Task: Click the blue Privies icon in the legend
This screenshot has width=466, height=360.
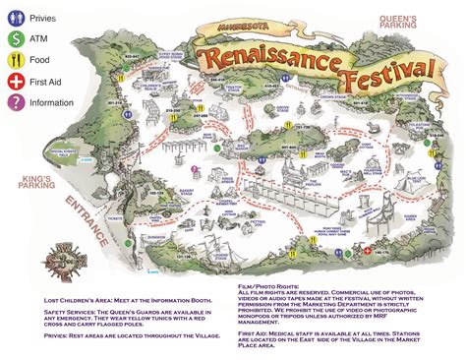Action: coord(15,18)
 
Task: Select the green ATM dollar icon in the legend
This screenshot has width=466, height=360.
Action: coord(15,41)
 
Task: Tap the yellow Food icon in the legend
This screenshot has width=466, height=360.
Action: coord(15,65)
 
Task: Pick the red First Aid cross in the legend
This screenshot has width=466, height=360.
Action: coord(15,89)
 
